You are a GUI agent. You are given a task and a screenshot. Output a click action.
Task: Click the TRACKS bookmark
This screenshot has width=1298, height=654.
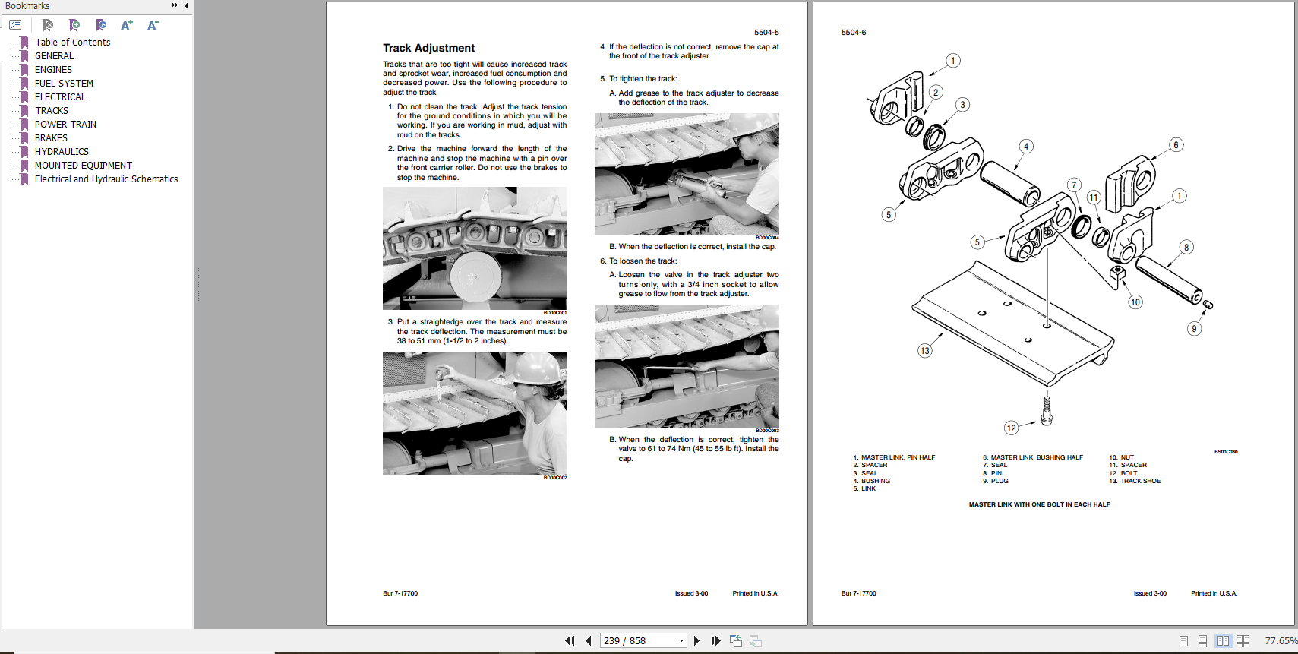[51, 111]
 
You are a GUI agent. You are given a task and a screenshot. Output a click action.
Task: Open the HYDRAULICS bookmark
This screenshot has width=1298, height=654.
[62, 152]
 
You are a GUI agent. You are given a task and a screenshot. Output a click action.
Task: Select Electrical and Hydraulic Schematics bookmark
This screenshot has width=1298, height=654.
[106, 179]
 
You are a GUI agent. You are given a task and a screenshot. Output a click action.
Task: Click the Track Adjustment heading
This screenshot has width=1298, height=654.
[428, 48]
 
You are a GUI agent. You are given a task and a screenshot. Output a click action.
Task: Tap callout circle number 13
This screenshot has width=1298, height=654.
[924, 351]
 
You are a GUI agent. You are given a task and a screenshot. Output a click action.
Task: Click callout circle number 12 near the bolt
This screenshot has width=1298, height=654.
[1011, 428]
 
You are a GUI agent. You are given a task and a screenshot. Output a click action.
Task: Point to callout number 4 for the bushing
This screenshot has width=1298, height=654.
[1026, 147]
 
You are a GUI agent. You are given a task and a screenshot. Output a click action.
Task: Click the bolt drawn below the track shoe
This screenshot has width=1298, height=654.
[1047, 409]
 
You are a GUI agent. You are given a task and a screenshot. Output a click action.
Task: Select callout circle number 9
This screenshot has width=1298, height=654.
[1194, 329]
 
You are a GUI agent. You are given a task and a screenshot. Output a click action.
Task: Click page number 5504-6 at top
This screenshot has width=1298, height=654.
[854, 33]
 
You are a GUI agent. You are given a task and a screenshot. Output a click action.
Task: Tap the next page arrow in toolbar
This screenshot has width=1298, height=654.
[696, 641]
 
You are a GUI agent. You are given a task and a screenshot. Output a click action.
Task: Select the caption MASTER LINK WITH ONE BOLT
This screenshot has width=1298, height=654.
[1039, 504]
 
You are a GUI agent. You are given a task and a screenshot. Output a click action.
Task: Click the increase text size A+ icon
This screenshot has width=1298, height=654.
[127, 25]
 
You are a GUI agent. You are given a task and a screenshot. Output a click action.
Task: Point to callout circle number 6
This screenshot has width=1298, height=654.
[1176, 145]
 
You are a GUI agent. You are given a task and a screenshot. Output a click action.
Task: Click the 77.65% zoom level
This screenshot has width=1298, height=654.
[1280, 641]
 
